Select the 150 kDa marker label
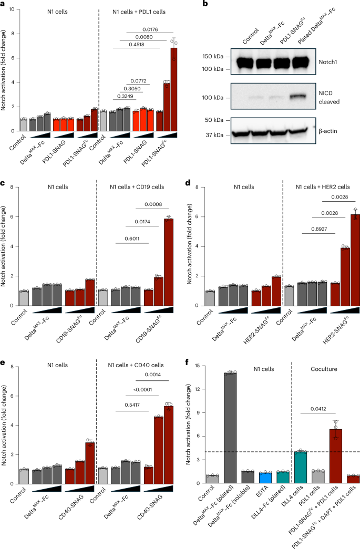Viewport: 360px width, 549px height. coord(215,56)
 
